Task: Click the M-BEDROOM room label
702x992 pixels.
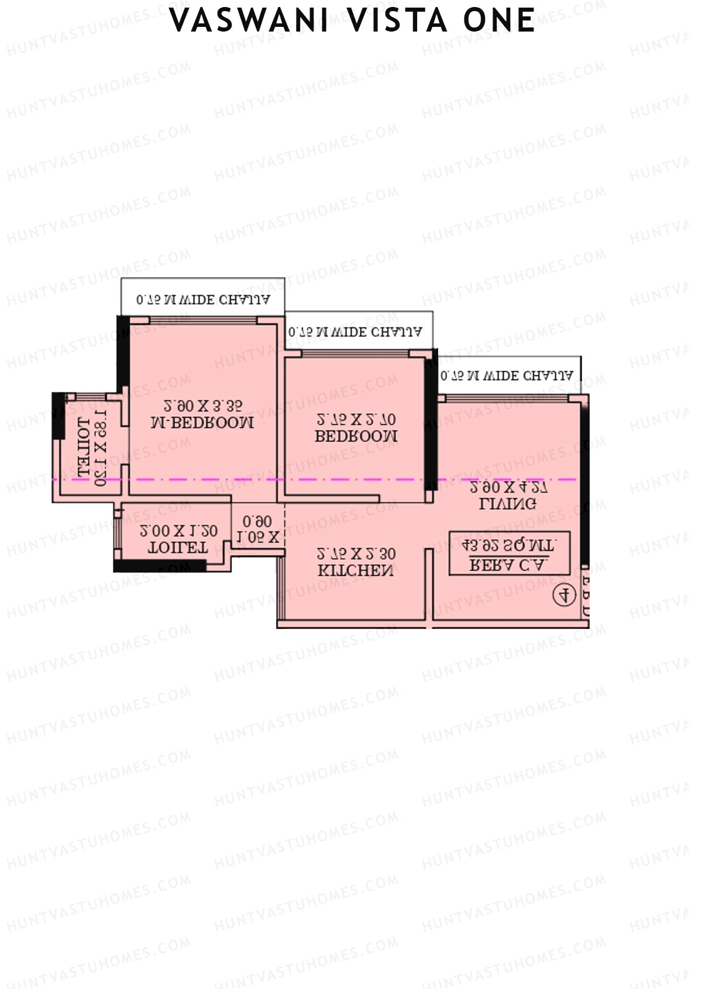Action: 202,423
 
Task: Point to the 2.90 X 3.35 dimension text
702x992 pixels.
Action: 202,406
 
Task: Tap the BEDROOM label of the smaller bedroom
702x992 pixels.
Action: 356,436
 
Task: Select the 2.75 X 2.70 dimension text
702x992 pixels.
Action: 356,420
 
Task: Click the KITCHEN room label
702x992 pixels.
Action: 356,571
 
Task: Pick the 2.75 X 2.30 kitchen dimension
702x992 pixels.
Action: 356,554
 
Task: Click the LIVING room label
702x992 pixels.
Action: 508,503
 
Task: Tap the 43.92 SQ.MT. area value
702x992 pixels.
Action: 508,546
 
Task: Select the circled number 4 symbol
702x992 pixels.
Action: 565,595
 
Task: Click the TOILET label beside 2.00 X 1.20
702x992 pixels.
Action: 178,548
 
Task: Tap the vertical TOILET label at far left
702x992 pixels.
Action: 84,447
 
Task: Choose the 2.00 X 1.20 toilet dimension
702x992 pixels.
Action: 179,531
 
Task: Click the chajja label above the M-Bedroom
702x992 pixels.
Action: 203,300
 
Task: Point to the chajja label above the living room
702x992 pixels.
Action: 507,375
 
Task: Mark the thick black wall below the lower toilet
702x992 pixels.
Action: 160,566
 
